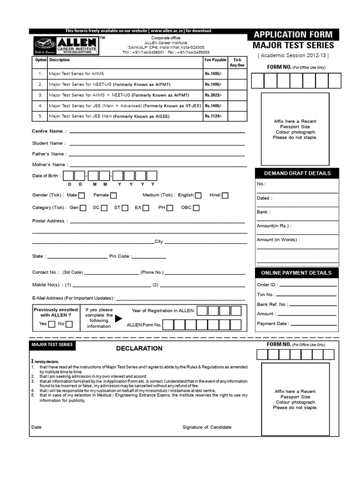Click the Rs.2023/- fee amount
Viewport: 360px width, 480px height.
tap(213, 95)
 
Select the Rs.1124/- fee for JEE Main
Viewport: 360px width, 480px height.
tap(213, 116)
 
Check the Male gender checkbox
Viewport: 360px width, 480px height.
tap(82, 195)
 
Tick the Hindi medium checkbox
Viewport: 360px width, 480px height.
tap(225, 195)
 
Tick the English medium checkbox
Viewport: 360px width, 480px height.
tap(198, 195)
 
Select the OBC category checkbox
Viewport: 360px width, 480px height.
tap(196, 208)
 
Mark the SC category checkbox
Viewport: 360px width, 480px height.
tap(104, 208)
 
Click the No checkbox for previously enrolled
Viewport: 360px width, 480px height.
tap(69, 324)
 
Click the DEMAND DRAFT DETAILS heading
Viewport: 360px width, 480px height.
tap(297, 173)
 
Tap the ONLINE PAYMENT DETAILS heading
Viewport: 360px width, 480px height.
tap(296, 272)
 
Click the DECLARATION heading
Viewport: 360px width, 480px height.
tap(139, 348)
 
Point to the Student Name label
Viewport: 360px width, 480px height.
tap(47, 143)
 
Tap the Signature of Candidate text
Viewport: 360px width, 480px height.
tap(207, 427)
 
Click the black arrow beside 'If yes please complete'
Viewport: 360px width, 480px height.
tap(118, 319)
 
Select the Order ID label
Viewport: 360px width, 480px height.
tap(267, 285)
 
